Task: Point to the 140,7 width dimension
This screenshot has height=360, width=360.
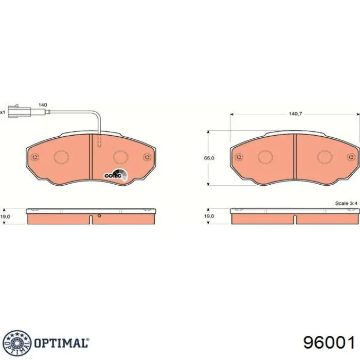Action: tap(294, 114)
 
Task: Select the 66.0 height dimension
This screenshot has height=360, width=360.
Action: tap(209, 158)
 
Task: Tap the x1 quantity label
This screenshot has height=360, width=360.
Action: tap(3, 112)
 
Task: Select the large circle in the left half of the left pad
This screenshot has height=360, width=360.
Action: tap(61, 157)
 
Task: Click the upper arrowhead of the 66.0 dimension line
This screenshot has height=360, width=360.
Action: tap(209, 132)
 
